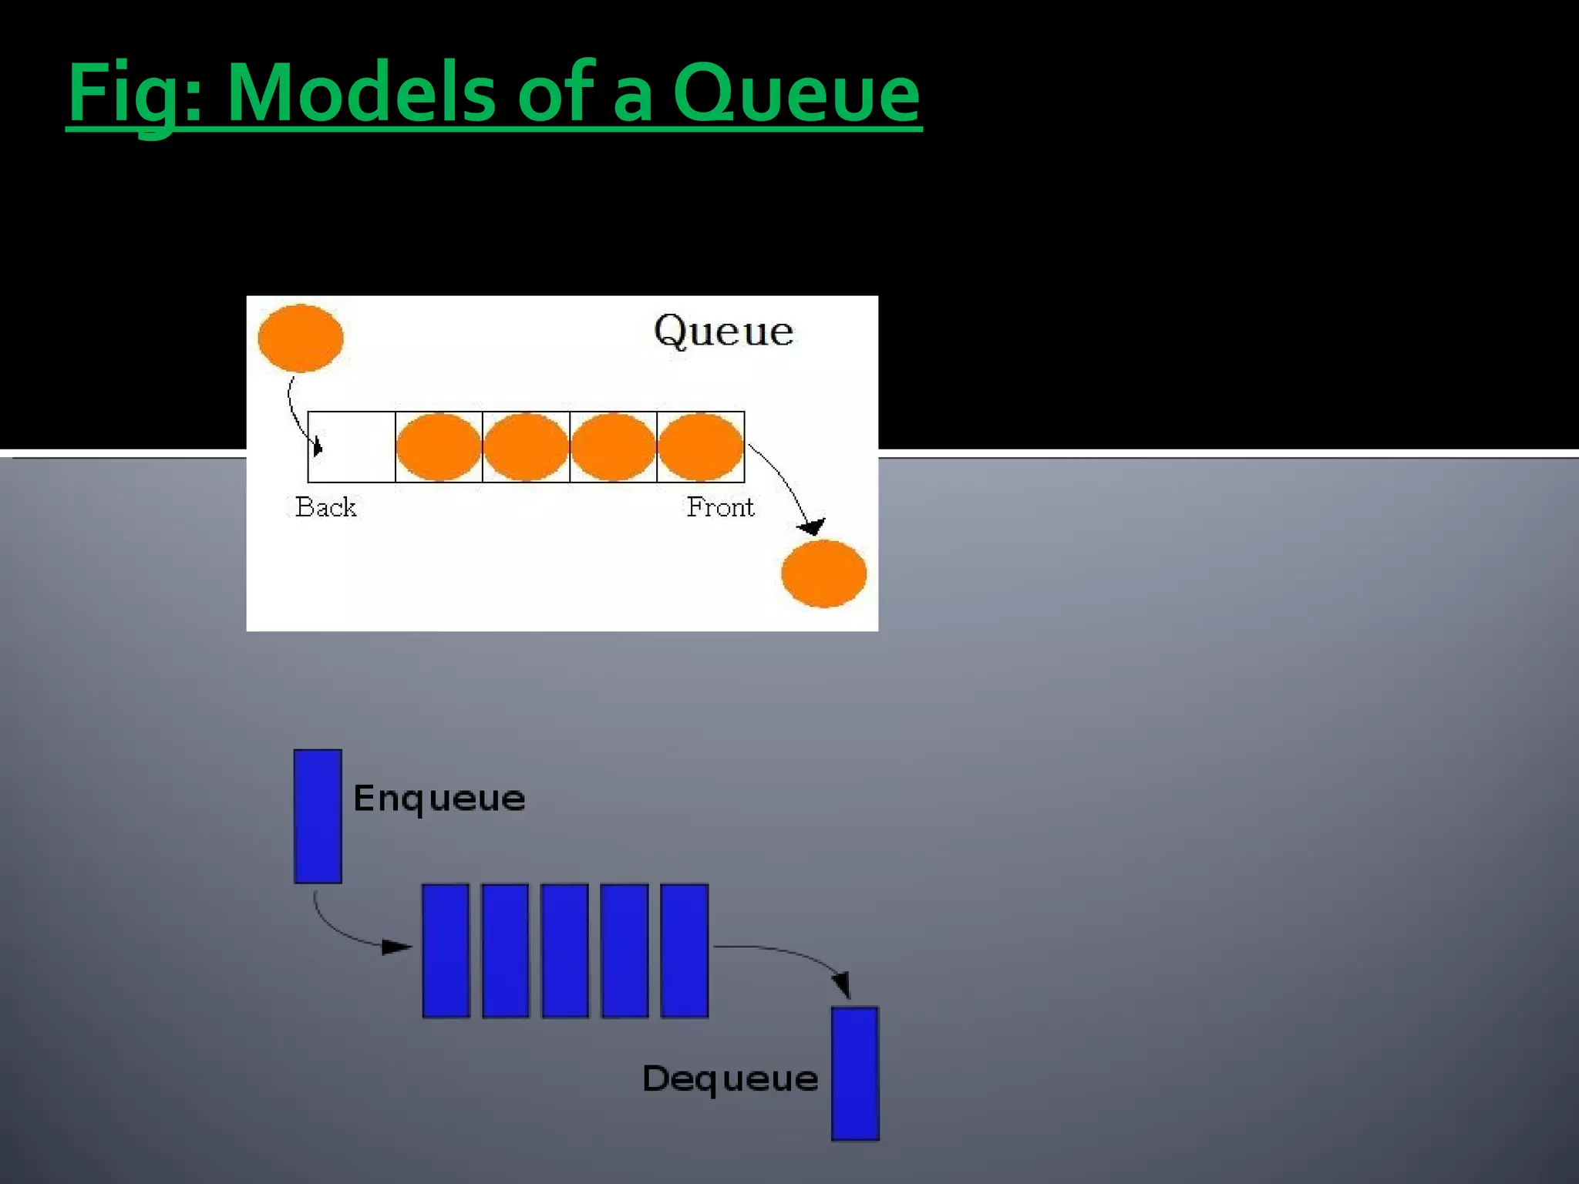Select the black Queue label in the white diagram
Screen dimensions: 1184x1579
coord(723,331)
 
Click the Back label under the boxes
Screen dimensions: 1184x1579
coord(325,507)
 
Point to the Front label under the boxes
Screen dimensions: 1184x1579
coord(720,507)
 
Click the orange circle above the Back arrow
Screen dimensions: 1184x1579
coord(301,338)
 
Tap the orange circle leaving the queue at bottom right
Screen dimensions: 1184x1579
coord(823,573)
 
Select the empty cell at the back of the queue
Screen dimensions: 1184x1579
coord(352,447)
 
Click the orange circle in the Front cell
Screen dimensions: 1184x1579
coord(700,447)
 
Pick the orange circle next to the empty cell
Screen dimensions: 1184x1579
coord(439,447)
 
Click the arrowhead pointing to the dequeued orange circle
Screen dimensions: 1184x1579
coord(812,527)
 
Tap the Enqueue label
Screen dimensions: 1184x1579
coord(439,798)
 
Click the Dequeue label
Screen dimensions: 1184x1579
coord(729,1078)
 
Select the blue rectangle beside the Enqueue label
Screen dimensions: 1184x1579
coord(318,816)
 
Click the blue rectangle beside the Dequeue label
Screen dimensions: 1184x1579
coord(855,1073)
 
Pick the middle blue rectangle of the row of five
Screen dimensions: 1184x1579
coord(565,950)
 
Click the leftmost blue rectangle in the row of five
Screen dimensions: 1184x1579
coord(446,950)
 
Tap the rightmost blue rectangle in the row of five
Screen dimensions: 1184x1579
coord(684,950)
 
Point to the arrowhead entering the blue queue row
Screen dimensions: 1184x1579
coord(397,947)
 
